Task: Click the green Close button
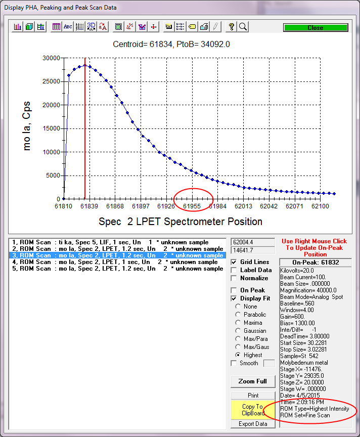[x=314, y=28]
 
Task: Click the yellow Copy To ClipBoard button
[x=252, y=410]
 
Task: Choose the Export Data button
[x=252, y=424]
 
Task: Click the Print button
[x=252, y=395]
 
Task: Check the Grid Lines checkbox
[x=234, y=262]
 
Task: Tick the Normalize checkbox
[x=234, y=278]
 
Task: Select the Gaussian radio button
[x=238, y=331]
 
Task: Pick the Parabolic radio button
[x=238, y=315]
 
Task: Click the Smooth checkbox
[x=234, y=363]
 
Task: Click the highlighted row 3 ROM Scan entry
[x=117, y=255]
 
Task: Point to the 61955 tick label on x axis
[x=192, y=206]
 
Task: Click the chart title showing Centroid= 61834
[x=171, y=45]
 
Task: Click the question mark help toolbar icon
[x=231, y=27]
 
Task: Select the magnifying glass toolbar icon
[x=243, y=27]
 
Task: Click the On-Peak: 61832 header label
[x=316, y=263]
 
